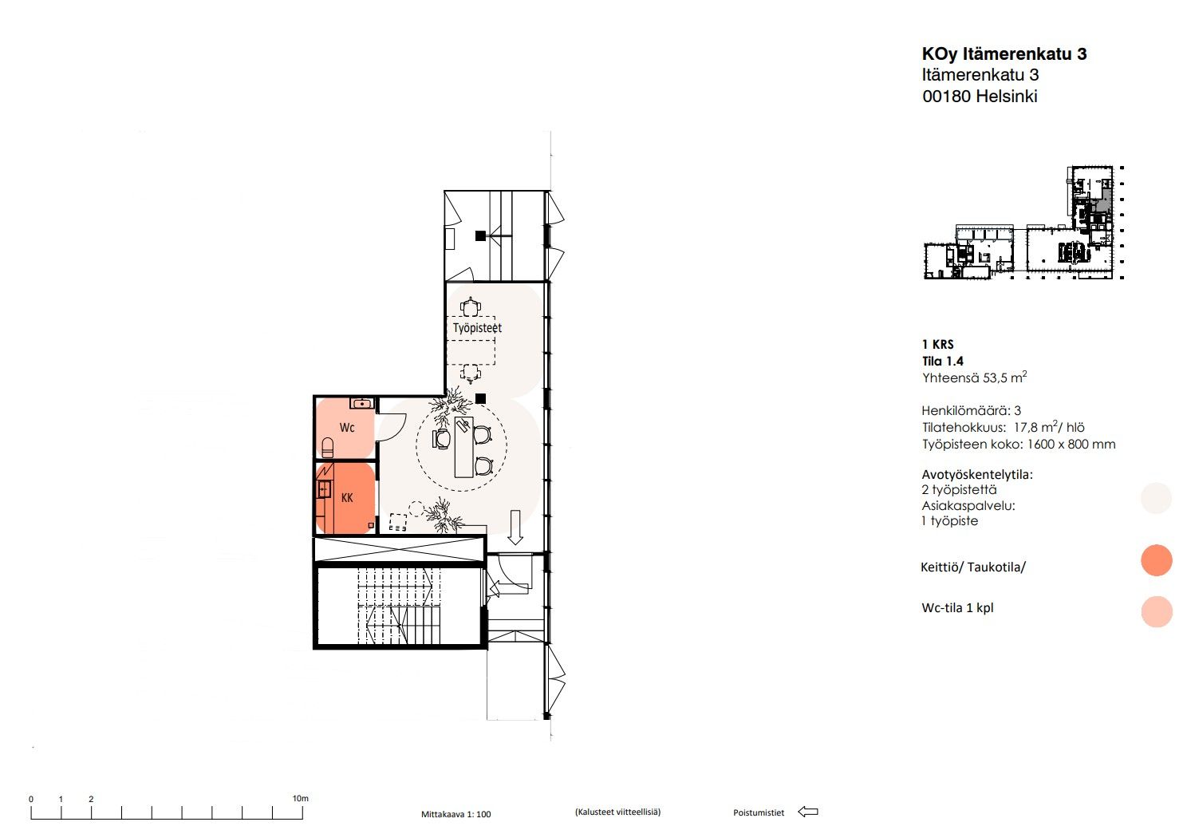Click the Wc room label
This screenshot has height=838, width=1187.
pyautogui.click(x=347, y=427)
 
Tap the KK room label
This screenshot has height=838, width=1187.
pyautogui.click(x=347, y=498)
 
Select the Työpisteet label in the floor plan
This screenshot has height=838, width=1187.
pyautogui.click(x=477, y=327)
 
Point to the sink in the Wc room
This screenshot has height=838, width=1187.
pyautogui.click(x=362, y=404)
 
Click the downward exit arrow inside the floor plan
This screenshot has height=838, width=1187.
pyautogui.click(x=515, y=527)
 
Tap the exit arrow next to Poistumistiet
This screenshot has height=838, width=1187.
pyautogui.click(x=808, y=812)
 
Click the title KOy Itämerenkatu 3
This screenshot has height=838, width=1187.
pyautogui.click(x=1004, y=53)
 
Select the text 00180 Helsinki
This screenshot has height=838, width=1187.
pyautogui.click(x=980, y=97)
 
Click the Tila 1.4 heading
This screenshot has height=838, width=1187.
pyautogui.click(x=943, y=362)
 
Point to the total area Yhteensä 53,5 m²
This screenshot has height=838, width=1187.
pyautogui.click(x=975, y=377)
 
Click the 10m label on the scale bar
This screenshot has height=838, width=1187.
pyautogui.click(x=301, y=798)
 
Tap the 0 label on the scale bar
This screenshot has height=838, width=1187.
pyautogui.click(x=31, y=800)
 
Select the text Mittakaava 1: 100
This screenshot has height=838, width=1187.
pyautogui.click(x=455, y=814)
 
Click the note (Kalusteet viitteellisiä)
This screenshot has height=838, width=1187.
pyautogui.click(x=618, y=812)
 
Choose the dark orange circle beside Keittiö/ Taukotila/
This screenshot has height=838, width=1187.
pyautogui.click(x=1156, y=559)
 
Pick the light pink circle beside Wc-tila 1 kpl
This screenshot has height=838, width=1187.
pyautogui.click(x=1156, y=611)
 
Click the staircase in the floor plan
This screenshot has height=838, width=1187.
pyautogui.click(x=400, y=605)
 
